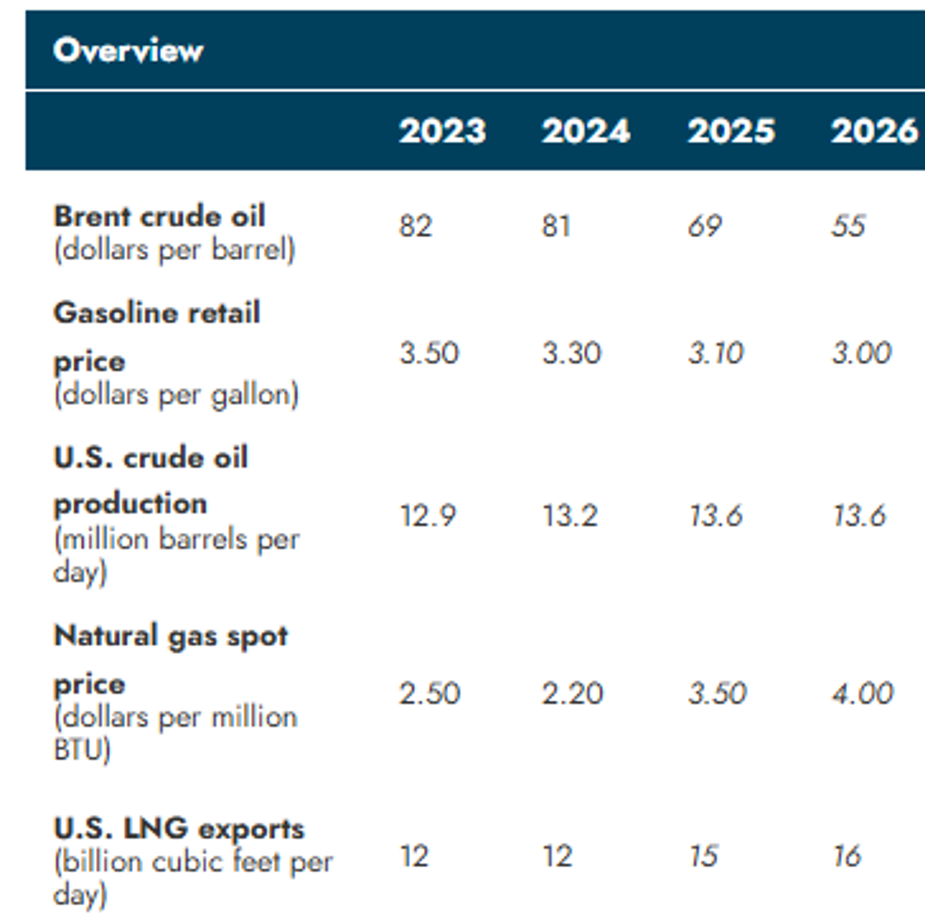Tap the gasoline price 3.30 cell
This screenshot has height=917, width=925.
tap(571, 353)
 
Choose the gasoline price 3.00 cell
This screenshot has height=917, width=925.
tap(861, 353)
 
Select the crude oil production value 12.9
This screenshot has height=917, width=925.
tap(428, 516)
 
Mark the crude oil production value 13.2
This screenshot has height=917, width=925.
tap(570, 516)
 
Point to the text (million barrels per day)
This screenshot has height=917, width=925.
tap(176, 555)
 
